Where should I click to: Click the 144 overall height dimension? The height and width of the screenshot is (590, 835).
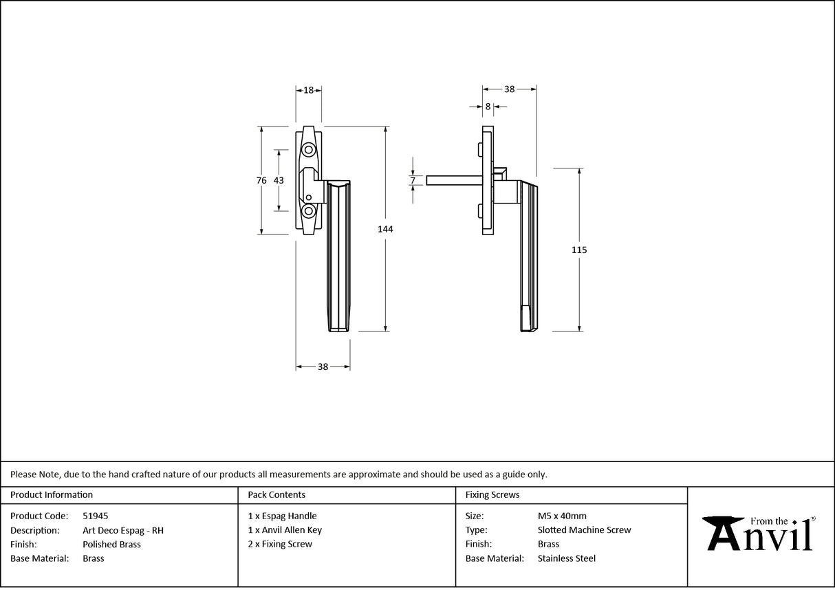click(x=385, y=229)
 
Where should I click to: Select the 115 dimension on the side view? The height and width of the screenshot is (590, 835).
click(x=579, y=250)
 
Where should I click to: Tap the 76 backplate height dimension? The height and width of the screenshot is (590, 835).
click(x=261, y=180)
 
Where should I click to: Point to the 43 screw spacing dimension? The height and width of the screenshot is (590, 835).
click(x=279, y=180)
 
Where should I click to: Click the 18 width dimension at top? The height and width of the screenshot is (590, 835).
click(x=309, y=90)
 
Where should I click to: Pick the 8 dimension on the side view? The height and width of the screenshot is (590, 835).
click(x=488, y=107)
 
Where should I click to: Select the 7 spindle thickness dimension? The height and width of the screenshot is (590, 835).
click(x=413, y=180)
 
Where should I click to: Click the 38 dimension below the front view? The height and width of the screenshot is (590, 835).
click(x=323, y=367)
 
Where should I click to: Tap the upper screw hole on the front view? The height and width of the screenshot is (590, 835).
click(x=309, y=150)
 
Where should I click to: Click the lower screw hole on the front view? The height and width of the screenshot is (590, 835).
click(x=309, y=210)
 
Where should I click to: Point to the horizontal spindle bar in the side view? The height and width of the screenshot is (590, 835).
click(x=454, y=180)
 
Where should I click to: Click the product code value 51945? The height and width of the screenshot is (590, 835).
click(x=95, y=516)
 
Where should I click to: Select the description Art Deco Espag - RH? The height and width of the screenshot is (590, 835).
click(x=122, y=530)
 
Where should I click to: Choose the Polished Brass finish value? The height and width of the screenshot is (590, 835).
click(x=111, y=544)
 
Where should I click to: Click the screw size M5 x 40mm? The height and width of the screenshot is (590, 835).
click(x=562, y=516)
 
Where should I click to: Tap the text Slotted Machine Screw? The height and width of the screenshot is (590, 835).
click(x=584, y=530)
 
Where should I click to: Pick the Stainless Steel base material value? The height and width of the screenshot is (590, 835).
click(x=567, y=558)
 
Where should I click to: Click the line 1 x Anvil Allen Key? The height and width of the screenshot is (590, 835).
click(x=285, y=530)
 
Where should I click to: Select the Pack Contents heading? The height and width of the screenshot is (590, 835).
click(x=276, y=494)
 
